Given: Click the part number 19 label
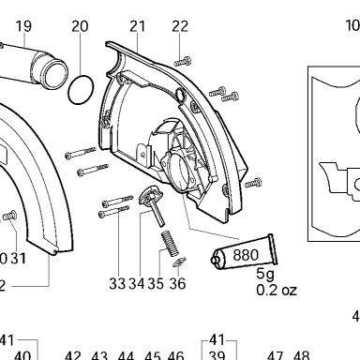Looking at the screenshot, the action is [23, 26].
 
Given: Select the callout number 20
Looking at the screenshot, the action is [80, 26].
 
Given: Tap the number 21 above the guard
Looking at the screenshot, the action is [138, 26].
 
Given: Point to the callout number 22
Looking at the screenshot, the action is [180, 26].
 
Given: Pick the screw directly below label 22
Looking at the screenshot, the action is [183, 62].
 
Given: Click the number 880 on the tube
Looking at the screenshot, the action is [246, 255].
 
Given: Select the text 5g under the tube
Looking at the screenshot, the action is [265, 274].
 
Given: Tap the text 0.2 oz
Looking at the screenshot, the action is [277, 290].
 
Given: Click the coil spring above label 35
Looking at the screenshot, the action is [170, 243].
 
